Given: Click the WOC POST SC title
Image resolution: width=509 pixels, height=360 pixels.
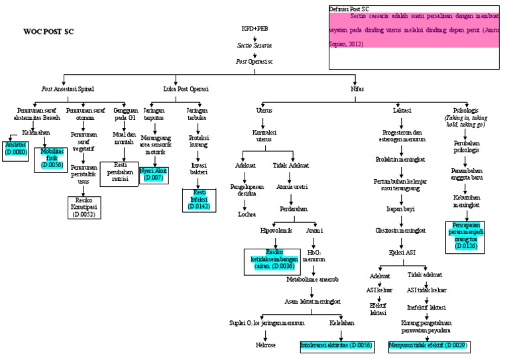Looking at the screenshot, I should coord(48,31).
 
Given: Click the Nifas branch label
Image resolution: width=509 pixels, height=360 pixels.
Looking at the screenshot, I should coord(357,88).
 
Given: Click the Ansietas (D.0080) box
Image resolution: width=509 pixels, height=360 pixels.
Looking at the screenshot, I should coord(15,148).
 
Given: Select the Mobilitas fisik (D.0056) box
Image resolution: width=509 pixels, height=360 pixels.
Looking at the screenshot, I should coord(52,160).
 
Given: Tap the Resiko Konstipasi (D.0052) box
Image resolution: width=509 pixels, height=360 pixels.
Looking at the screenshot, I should coord(84,207).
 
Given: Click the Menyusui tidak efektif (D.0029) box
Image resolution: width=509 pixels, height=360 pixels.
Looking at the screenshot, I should coord(427,345).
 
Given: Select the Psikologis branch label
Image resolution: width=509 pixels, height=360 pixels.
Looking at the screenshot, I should coord(463,109).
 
